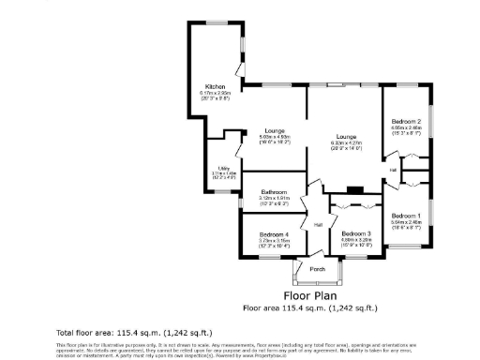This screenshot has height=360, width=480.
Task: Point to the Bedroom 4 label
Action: (x=274, y=233)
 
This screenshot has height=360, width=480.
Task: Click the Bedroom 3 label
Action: (x=356, y=233)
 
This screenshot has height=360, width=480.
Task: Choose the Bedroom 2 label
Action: (x=406, y=121)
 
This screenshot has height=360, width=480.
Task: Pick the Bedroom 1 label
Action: (x=406, y=216)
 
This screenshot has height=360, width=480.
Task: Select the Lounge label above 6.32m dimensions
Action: (x=347, y=136)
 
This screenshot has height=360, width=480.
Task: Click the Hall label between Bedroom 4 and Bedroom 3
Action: (x=319, y=225)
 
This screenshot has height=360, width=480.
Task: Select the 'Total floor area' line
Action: (x=134, y=332)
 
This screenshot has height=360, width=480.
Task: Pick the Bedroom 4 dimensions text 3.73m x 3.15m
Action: (x=274, y=240)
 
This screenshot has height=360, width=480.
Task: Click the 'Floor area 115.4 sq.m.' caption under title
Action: (x=309, y=307)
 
